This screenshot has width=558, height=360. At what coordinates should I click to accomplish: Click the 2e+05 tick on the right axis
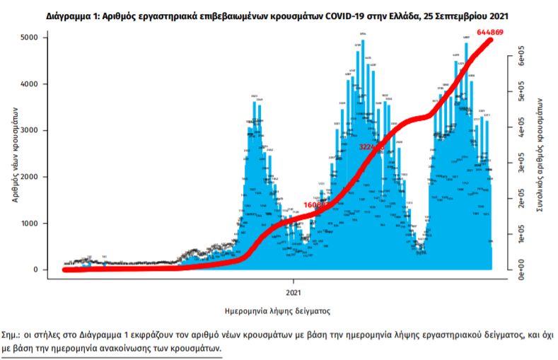[521, 200]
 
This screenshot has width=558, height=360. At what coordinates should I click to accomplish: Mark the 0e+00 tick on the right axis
[521, 269]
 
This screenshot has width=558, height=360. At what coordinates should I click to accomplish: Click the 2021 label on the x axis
[296, 291]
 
